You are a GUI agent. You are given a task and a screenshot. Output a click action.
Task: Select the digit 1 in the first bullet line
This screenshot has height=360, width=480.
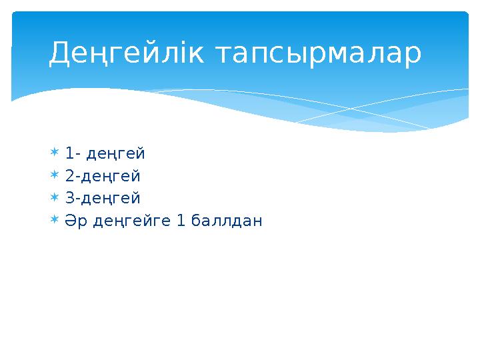click(69, 154)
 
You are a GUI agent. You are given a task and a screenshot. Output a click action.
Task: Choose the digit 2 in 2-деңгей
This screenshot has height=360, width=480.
click(70, 176)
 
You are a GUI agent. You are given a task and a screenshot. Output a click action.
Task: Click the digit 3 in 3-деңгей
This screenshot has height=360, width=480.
click(70, 198)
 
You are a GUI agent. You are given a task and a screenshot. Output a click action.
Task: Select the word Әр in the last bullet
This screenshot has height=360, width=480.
click(74, 221)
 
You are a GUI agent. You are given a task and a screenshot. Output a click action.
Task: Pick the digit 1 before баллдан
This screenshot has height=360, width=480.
click(181, 220)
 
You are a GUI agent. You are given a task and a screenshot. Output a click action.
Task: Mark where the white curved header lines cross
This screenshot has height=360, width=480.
click(346, 107)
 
